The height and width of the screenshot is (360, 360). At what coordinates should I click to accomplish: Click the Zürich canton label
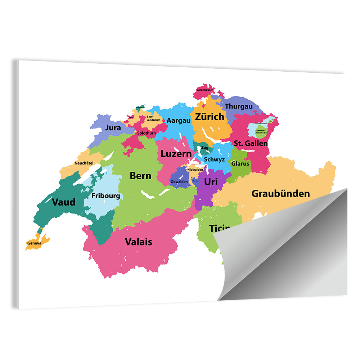click(x=209, y=117)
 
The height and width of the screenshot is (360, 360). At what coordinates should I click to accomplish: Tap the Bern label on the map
click(x=140, y=176)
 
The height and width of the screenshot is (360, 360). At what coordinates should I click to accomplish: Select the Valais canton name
click(x=138, y=242)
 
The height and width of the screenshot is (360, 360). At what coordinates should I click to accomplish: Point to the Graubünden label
click(x=280, y=194)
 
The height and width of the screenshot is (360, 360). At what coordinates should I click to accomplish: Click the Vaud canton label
click(x=64, y=202)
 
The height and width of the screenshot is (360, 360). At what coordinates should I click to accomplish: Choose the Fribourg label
click(x=105, y=196)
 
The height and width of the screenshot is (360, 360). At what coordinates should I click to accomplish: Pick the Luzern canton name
click(x=176, y=154)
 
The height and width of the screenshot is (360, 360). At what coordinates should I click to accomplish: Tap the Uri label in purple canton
click(x=211, y=182)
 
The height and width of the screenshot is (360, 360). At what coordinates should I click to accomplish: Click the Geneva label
click(x=34, y=243)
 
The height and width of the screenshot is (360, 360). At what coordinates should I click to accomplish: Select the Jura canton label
click(x=113, y=128)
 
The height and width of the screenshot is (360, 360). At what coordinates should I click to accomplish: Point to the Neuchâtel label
click(x=84, y=163)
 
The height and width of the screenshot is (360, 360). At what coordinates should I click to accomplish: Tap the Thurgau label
click(x=239, y=107)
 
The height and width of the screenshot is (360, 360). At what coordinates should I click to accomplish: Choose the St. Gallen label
click(x=251, y=143)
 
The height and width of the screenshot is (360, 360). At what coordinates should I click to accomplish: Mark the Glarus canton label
click(x=240, y=163)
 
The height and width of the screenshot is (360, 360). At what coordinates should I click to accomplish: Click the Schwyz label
click(x=214, y=159)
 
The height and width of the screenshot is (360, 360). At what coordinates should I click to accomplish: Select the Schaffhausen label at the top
click(x=205, y=90)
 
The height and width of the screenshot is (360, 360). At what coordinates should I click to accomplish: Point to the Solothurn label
click(x=147, y=133)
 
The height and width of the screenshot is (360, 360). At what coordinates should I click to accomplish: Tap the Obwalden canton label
click(x=179, y=182)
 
